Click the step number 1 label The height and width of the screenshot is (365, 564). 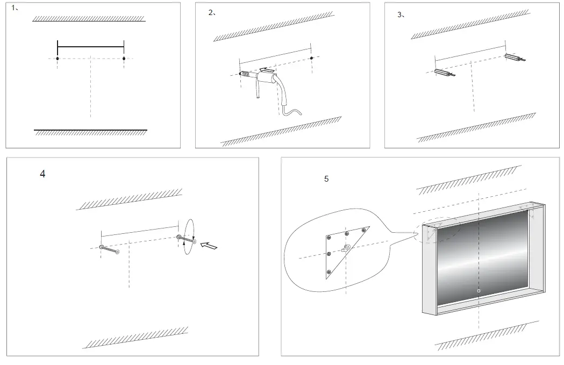15,8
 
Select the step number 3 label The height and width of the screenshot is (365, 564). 400,15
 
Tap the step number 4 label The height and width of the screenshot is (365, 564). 42,174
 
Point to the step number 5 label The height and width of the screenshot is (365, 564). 326,179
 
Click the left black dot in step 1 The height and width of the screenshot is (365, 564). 58,58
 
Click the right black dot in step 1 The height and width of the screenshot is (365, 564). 124,58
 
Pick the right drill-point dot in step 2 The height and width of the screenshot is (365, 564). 312,58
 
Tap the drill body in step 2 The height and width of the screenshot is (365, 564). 267,81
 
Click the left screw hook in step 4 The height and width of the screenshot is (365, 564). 109,249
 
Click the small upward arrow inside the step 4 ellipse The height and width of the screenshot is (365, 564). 183,243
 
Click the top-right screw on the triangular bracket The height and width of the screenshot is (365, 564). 364,230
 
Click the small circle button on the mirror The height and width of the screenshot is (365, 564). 479,291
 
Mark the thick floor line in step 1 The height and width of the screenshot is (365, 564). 90,130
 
